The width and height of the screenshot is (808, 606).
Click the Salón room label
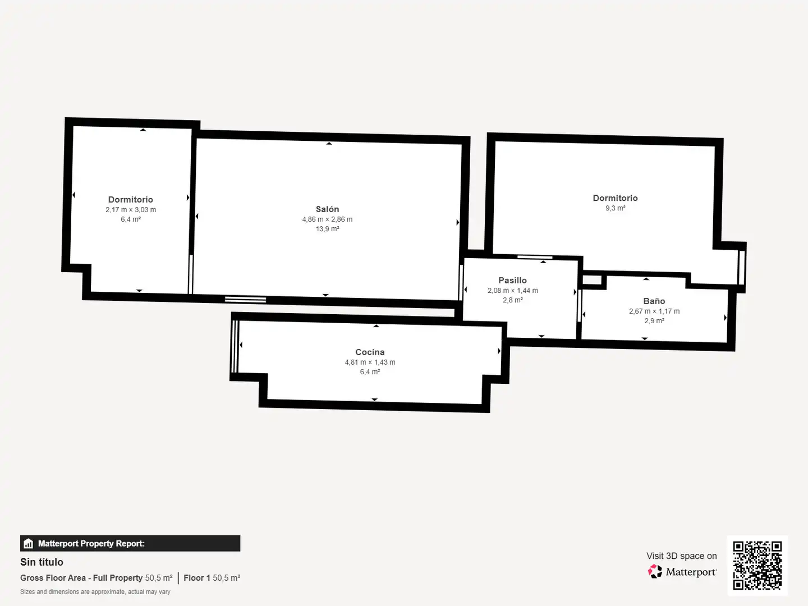pos(327,209)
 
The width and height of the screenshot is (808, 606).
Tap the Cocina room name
pos(370,352)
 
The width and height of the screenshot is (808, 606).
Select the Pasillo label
pos(512,281)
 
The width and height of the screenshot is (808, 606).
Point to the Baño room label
pos(654,301)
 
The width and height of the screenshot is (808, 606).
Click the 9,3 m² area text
pos(616,208)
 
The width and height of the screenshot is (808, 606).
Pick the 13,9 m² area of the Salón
pos(327,229)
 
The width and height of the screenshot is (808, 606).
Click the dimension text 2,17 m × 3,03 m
pos(131,210)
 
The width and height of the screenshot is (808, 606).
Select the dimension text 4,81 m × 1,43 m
pos(370,362)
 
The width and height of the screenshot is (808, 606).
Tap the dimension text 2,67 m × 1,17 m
pos(654,311)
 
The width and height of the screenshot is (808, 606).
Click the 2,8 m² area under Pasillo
pos(513,300)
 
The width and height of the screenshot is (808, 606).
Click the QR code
pos(757,565)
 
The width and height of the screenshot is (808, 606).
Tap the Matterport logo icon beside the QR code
pos(655,571)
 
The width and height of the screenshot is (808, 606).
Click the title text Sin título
pos(42,562)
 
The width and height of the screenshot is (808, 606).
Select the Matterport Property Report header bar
pos(130,544)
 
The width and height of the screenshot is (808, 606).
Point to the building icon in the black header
pos(29,544)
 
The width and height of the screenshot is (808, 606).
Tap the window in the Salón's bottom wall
pos(246,300)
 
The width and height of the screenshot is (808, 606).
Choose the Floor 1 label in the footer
pos(197,578)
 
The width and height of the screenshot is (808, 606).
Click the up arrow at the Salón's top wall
pos(329,144)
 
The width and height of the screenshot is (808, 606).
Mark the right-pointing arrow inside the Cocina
pos(499,351)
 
